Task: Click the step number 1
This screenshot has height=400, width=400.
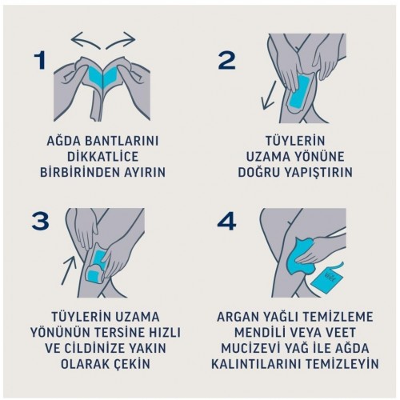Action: tap(40, 61)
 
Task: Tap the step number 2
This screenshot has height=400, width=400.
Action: tap(226, 61)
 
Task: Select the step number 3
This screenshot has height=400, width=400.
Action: tap(40, 221)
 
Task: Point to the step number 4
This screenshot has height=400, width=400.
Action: tap(226, 221)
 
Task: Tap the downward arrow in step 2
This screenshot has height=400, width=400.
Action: tap(269, 95)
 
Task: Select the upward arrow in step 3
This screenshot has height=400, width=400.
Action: tap(69, 270)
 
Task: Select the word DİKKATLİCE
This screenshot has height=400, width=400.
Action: tap(102, 157)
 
